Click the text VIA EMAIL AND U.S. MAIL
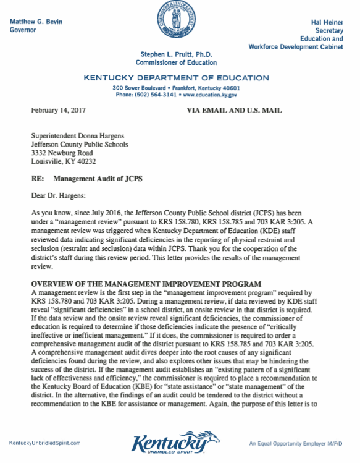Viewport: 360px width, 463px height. tap(234, 110)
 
